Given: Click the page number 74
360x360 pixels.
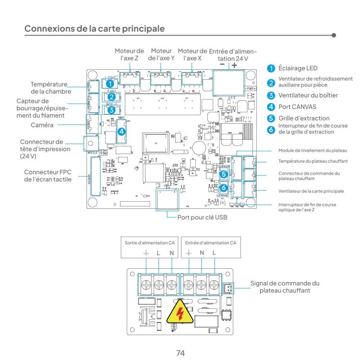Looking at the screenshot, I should click(x=180, y=353).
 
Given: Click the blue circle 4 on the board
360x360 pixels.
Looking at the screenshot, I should click(x=122, y=131).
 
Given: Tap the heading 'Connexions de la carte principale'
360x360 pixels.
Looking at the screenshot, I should click(x=94, y=29).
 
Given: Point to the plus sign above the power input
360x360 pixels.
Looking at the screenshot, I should click(x=234, y=65).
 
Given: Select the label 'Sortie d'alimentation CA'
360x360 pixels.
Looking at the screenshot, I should click(x=149, y=243).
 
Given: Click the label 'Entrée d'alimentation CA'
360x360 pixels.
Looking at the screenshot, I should click(x=211, y=243).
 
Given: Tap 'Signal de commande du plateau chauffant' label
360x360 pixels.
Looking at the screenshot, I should click(x=285, y=287).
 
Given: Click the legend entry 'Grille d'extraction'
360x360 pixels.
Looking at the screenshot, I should click(x=304, y=118).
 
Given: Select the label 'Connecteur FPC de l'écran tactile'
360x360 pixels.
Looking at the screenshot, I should click(x=48, y=175).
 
